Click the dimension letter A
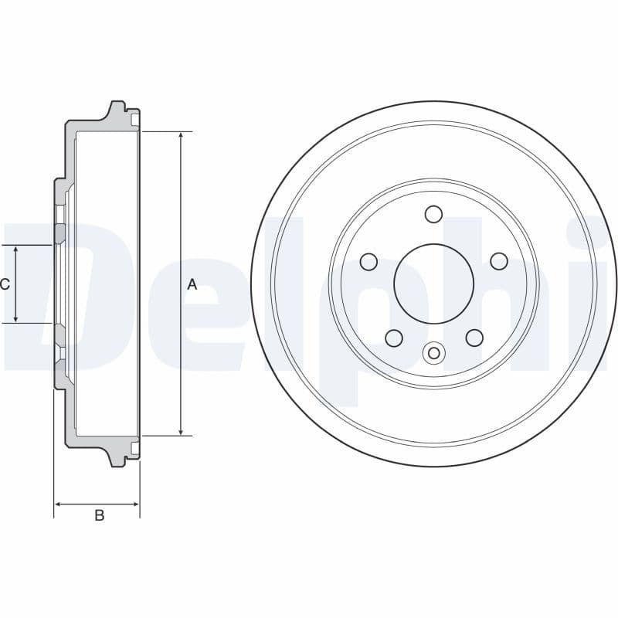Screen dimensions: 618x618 click(x=192, y=284)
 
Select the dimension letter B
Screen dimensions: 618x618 click(x=99, y=515)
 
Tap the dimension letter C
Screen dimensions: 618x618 click(x=5, y=284)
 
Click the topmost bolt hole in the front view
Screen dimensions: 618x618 click(x=433, y=214)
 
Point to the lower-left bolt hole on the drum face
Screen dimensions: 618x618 click(x=393, y=338)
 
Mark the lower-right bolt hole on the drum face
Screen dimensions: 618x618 click(x=474, y=338)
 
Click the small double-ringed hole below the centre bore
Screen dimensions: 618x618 click(x=433, y=354)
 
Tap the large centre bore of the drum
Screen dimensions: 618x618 click(x=433, y=284)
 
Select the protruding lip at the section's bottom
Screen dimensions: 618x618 click(x=118, y=460)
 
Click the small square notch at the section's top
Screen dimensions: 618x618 click(x=136, y=120)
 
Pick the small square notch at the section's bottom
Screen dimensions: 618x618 click(x=136, y=448)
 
